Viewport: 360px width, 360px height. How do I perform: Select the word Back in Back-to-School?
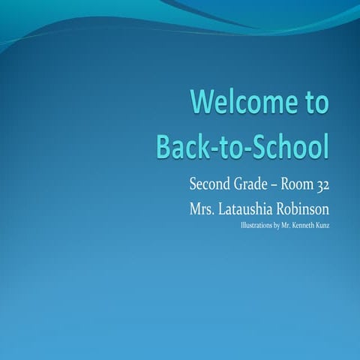[x=184, y=145]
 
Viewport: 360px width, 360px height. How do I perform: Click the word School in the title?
[x=292, y=145]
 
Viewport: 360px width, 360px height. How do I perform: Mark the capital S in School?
[x=262, y=145]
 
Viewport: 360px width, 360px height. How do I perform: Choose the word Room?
[x=301, y=184]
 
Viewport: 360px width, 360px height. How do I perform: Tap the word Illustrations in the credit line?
[x=256, y=224]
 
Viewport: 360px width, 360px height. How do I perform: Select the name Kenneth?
[x=304, y=224]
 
